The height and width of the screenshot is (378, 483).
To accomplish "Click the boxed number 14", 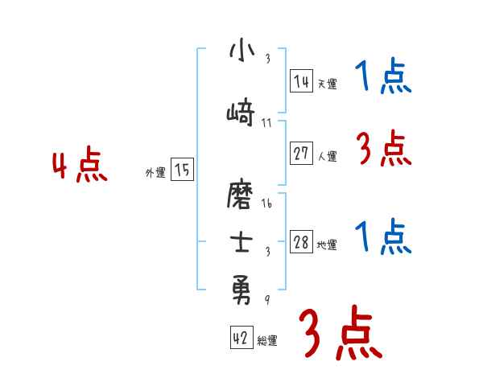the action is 301,81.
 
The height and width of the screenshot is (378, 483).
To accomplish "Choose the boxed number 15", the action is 182,170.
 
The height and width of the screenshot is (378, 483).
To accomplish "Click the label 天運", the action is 328,84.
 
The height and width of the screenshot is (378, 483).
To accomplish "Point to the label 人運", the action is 328,157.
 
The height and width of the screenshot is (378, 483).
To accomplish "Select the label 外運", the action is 155,172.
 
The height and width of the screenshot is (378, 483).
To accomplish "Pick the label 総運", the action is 267,341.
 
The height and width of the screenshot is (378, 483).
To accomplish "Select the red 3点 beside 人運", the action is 383,149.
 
